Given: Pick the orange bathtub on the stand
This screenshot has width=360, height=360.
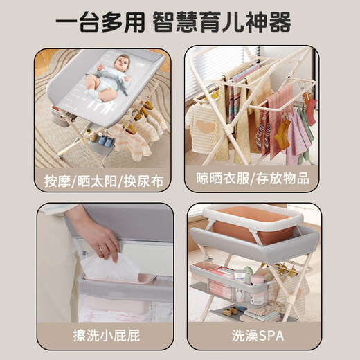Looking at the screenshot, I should (246, 225).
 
